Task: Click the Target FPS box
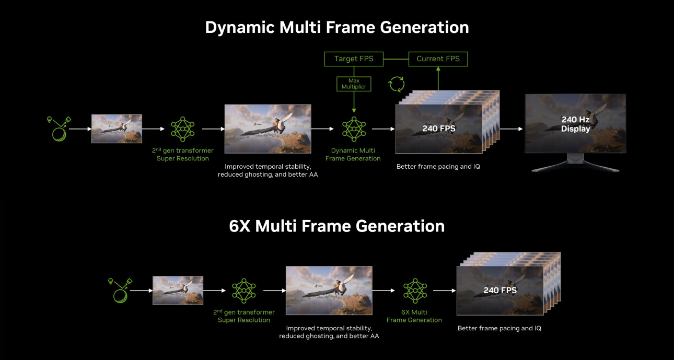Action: pos(354,59)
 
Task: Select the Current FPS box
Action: pos(438,59)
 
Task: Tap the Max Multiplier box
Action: pos(354,84)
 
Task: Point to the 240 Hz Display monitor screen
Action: pos(575,124)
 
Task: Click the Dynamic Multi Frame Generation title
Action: pos(336,27)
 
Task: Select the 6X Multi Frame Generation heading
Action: pos(336,226)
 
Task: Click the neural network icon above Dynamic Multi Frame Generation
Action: pos(354,129)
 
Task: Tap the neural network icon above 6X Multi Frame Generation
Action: pos(415,291)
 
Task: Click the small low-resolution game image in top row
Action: pos(117,129)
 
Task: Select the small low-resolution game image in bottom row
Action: pos(178,291)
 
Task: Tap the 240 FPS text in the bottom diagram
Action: pos(499,291)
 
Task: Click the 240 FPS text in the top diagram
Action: pos(438,129)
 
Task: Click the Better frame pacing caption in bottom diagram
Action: pos(499,328)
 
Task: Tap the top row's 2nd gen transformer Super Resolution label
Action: pos(182,155)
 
